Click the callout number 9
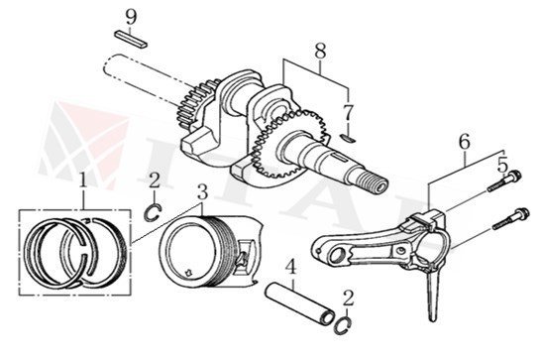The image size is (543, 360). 130,16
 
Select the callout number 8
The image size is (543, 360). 320,49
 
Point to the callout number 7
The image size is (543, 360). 347,110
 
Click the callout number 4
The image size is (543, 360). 290,267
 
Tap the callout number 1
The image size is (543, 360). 83,180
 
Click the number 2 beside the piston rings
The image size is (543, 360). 154,180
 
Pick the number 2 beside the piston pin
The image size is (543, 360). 346,297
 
